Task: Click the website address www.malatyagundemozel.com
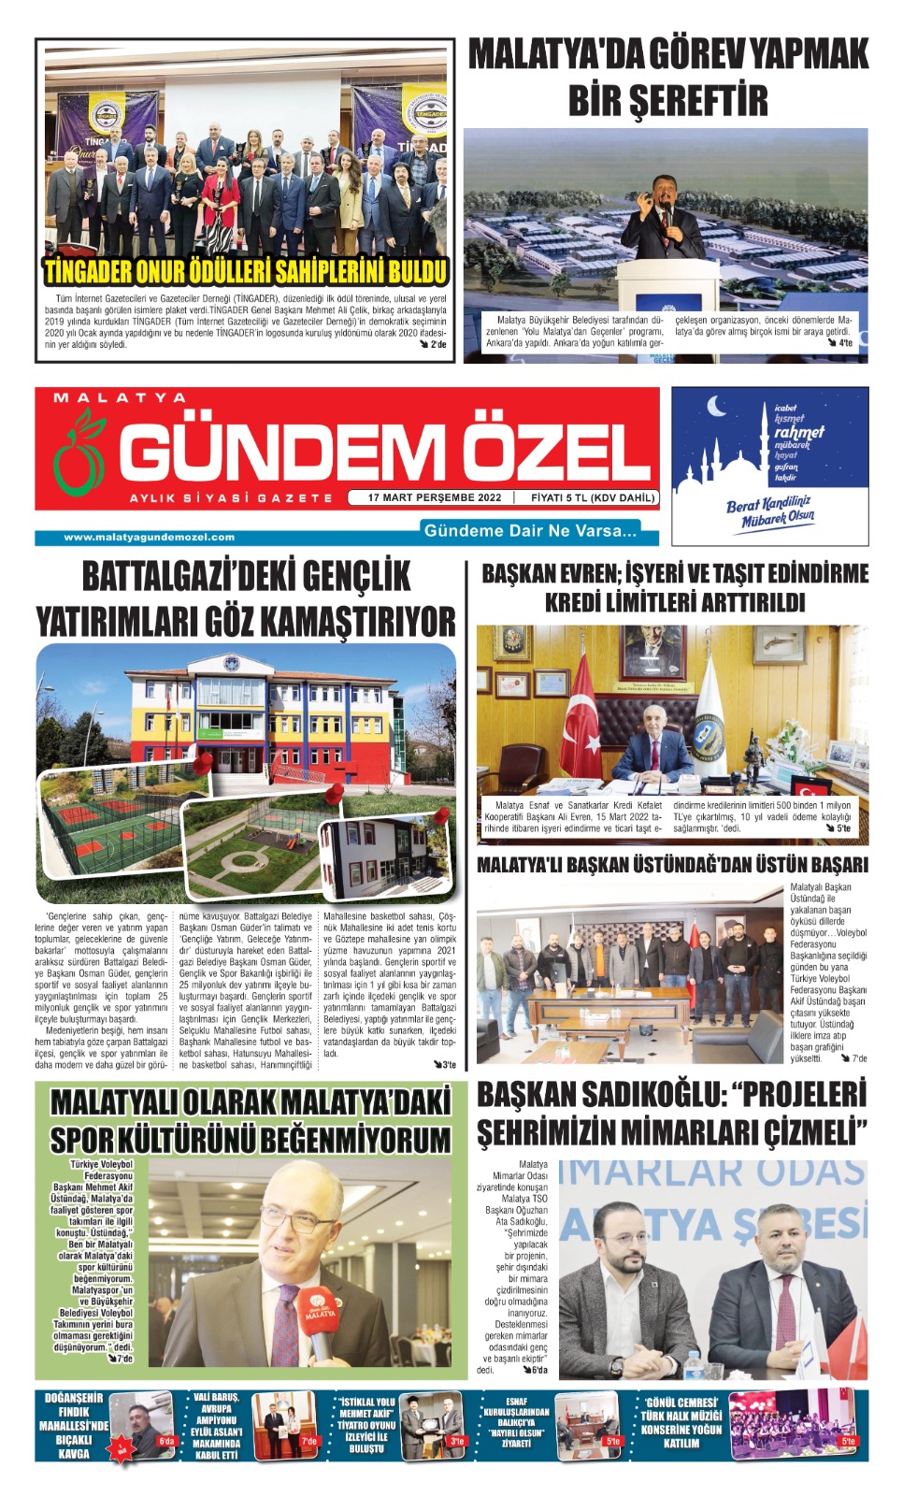click(x=149, y=537)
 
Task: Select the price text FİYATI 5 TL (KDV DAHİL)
click(x=593, y=497)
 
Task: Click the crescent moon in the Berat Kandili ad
click(x=717, y=407)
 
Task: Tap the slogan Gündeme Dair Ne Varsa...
click(x=530, y=531)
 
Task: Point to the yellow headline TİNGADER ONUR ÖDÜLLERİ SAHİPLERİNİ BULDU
click(x=246, y=272)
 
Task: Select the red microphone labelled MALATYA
click(x=319, y=1315)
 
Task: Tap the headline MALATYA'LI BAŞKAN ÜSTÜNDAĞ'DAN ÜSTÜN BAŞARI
click(x=672, y=865)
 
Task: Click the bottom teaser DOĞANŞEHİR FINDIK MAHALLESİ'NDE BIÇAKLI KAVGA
click(x=74, y=1426)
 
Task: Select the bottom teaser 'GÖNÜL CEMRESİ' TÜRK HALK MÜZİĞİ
click(x=681, y=1422)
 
